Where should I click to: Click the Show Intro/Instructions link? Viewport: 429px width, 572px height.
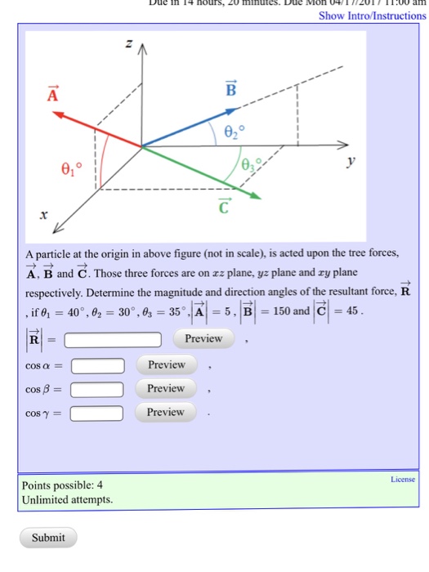tap(373, 16)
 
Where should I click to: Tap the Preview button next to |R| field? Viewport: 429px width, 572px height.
tap(203, 338)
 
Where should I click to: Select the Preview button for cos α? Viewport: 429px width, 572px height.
tap(166, 364)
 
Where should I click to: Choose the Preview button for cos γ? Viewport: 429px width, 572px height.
tap(166, 412)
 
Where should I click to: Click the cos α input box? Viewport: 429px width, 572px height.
tap(97, 365)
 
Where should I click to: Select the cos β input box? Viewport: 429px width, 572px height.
tap(97, 389)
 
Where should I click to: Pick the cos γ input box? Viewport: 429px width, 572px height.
tap(97, 413)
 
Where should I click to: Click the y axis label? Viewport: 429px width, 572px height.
tap(351, 163)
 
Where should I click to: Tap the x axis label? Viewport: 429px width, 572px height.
tap(44, 214)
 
